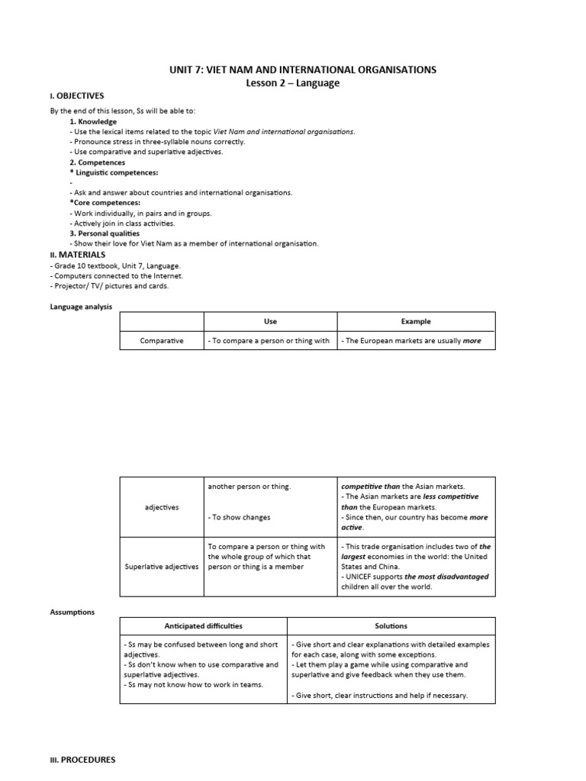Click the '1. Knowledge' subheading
coord(93,121)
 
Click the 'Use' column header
coord(270,322)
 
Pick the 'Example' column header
coord(416,322)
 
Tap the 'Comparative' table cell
coord(162,341)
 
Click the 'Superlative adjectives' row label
coord(162,567)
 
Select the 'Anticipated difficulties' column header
coord(203,626)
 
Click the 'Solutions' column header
coord(391,626)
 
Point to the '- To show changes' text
coord(239,517)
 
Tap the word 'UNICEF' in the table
coord(362,577)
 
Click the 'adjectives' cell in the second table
coord(162,507)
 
